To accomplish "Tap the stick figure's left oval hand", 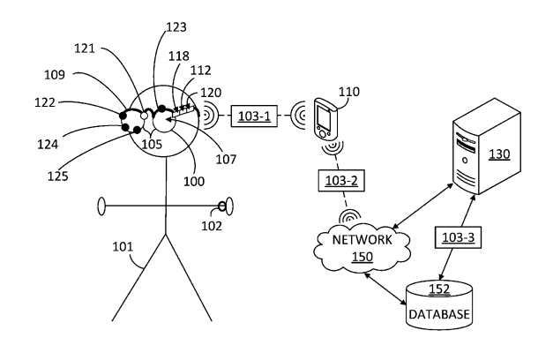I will pos(101,208).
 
